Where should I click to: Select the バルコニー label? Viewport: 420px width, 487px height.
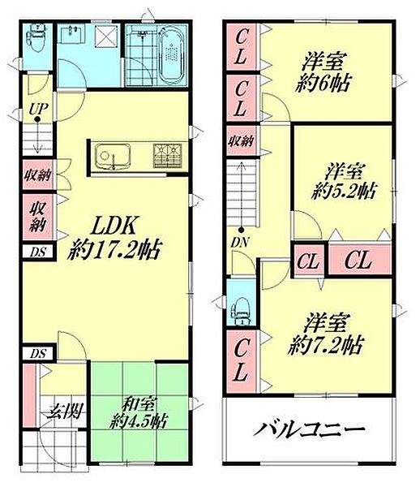pyautogui.click(x=313, y=429)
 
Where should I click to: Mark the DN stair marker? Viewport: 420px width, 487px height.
pyautogui.click(x=240, y=241)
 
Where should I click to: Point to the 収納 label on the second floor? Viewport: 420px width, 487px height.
pyautogui.click(x=241, y=140)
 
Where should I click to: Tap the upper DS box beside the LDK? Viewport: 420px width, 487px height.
pyautogui.click(x=37, y=252)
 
